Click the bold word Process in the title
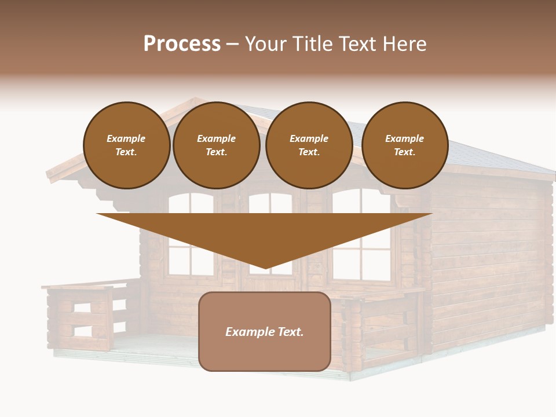coord(182,44)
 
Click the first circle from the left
coord(126,145)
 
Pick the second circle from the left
coord(217,145)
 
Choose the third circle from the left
coord(309,145)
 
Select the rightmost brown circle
coord(405,145)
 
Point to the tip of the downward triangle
coord(265,268)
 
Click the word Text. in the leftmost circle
coord(126,152)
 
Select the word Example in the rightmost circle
coord(405,139)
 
